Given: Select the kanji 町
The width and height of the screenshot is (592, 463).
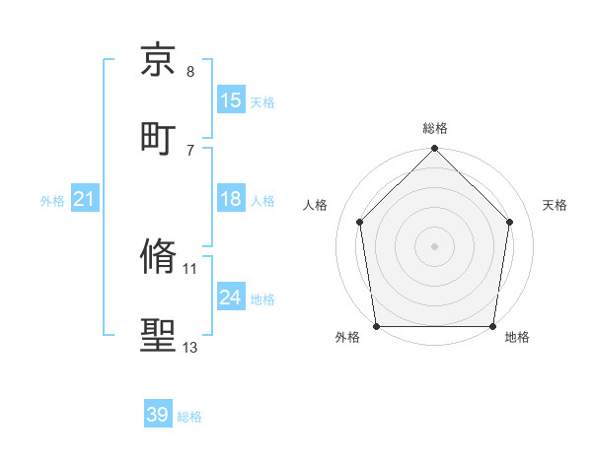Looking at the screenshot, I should (x=159, y=137).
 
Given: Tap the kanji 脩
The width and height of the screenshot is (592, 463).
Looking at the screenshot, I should (x=159, y=257).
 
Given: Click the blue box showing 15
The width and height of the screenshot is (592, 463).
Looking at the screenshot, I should (x=231, y=100).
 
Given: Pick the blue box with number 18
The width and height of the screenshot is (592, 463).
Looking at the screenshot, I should (x=231, y=200).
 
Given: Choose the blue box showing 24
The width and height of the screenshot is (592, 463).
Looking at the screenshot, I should (x=231, y=298).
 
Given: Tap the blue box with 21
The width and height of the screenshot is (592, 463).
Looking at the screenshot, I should (x=85, y=200).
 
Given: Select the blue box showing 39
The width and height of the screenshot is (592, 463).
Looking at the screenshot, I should (x=158, y=415).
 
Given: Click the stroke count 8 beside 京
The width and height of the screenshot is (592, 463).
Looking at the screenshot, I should (x=190, y=72).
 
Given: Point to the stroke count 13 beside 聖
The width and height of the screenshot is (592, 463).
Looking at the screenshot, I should (x=190, y=348).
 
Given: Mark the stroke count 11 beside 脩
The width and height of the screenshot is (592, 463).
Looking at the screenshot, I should (x=190, y=268).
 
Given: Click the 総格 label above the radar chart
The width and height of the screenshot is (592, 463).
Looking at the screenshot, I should (x=435, y=128).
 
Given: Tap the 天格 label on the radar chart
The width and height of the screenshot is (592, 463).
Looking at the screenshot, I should (x=555, y=205).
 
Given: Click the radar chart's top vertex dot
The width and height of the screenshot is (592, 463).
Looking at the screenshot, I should (x=435, y=150).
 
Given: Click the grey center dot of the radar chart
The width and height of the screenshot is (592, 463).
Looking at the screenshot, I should (x=435, y=245).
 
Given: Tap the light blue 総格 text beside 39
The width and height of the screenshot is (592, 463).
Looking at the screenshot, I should (x=190, y=417).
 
